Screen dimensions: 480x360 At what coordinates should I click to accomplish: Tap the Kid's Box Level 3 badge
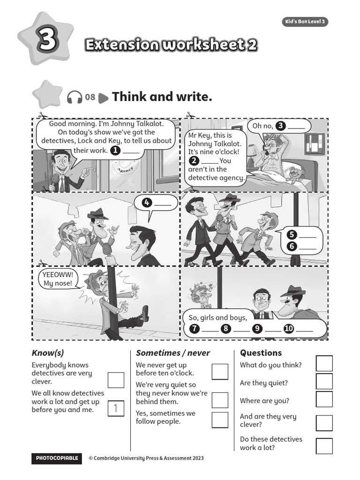point(305,22)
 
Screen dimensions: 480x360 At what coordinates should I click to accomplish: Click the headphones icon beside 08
point(75,97)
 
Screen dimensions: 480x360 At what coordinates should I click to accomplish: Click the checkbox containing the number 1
point(116,409)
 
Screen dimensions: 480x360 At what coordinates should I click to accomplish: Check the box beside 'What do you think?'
point(324,364)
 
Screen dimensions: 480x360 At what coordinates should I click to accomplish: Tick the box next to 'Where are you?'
point(324,399)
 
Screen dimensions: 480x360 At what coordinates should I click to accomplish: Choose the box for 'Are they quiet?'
point(324,382)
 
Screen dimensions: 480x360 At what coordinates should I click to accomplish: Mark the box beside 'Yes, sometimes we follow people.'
point(220,420)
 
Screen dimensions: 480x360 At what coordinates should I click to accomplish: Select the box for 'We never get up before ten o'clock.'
point(220,371)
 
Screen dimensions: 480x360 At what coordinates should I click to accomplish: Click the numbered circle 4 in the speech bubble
point(147,202)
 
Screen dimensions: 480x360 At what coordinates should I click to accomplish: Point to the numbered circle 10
point(289,329)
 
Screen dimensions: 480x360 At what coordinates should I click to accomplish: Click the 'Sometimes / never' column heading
point(173,353)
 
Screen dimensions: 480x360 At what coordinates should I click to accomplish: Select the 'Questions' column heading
point(261,353)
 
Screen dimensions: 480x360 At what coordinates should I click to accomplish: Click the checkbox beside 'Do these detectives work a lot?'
point(324,446)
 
